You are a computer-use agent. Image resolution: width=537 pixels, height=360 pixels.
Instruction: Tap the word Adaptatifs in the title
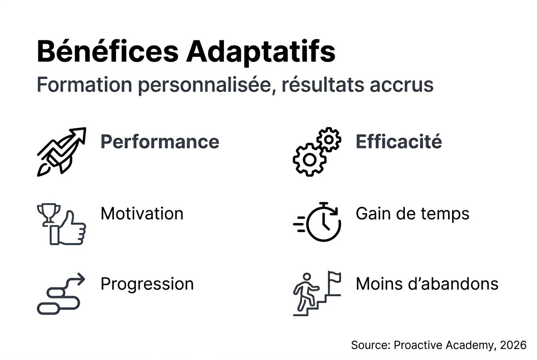pyautogui.click(x=260, y=52)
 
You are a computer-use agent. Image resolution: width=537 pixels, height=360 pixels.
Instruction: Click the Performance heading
pyautogui.click(x=160, y=142)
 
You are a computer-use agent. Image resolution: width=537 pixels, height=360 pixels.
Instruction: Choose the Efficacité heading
pyautogui.click(x=399, y=142)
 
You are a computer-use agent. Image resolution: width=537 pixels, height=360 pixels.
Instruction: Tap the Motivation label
pyautogui.click(x=142, y=214)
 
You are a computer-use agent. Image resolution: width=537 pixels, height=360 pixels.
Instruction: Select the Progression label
pyautogui.click(x=147, y=284)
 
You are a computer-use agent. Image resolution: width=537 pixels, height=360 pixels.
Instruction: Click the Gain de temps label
pyautogui.click(x=413, y=214)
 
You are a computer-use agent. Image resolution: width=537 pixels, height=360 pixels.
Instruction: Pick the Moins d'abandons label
pyautogui.click(x=427, y=284)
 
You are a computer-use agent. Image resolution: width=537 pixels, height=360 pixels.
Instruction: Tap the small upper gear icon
pyautogui.click(x=329, y=140)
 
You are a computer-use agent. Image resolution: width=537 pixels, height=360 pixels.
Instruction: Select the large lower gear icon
pyautogui.click(x=310, y=160)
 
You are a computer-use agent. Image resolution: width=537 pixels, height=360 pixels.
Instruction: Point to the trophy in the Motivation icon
pyautogui.click(x=48, y=213)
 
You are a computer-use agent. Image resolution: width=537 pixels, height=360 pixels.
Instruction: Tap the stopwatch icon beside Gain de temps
pyautogui.click(x=323, y=223)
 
